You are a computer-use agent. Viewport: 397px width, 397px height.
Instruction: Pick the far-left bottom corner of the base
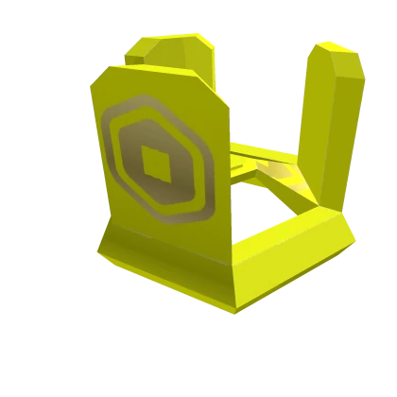tap(97, 250)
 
